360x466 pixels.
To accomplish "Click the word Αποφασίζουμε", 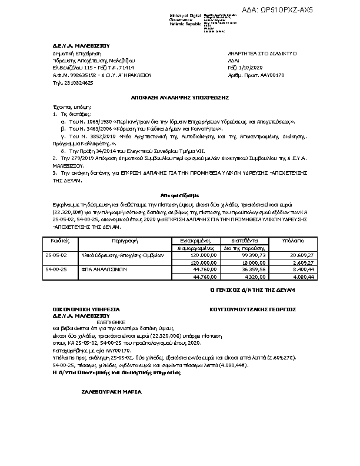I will coord(180,194).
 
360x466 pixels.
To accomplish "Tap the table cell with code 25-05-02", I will coord(56,255).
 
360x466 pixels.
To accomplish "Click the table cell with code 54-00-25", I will coord(56,269).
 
